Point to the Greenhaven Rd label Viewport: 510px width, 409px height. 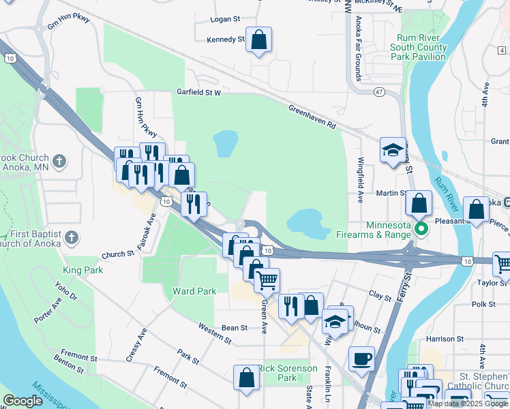tap(312, 117)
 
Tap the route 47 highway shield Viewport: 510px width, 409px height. tap(379, 91)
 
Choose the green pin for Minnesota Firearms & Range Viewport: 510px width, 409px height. tap(421, 228)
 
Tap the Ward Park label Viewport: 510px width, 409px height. tap(194, 291)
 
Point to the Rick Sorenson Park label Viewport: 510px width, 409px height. tap(288, 373)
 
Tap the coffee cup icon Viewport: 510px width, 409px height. tap(361, 358)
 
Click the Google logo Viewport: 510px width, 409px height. tap(23, 401)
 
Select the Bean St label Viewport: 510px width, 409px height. tap(234, 328)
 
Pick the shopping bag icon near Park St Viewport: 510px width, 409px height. tap(246, 378)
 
